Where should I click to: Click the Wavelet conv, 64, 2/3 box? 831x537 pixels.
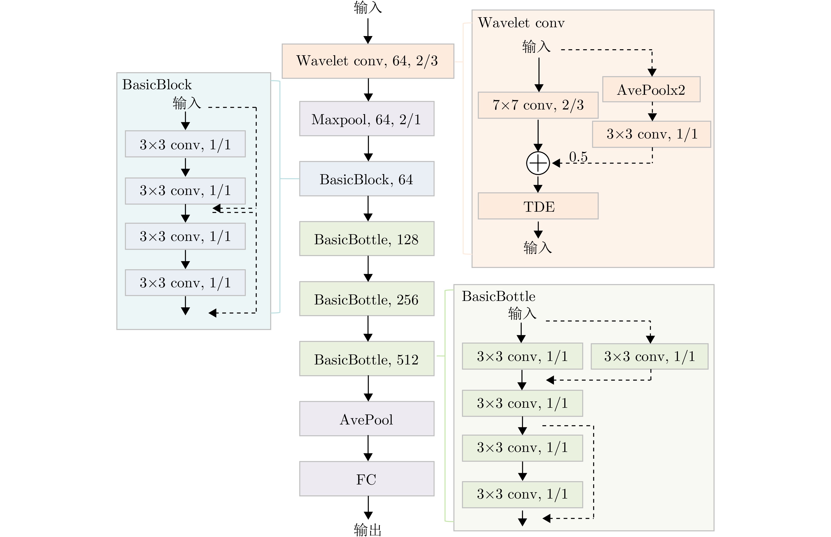click(x=368, y=61)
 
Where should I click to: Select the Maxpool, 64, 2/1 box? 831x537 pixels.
click(x=366, y=119)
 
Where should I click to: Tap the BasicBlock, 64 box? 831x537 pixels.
click(x=366, y=179)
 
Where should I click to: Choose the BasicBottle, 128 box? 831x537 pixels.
click(x=366, y=239)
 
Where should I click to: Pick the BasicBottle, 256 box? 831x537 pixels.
click(x=366, y=299)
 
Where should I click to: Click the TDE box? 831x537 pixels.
click(x=538, y=206)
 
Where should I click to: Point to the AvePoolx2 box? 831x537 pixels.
click(x=651, y=90)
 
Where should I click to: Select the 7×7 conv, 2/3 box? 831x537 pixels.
click(x=538, y=105)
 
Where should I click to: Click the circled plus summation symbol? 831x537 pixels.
click(x=538, y=163)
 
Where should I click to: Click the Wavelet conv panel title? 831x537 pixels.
click(x=521, y=23)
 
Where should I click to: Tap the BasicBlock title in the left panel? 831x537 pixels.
click(x=157, y=85)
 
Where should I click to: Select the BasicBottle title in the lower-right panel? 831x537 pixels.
click(x=498, y=296)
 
